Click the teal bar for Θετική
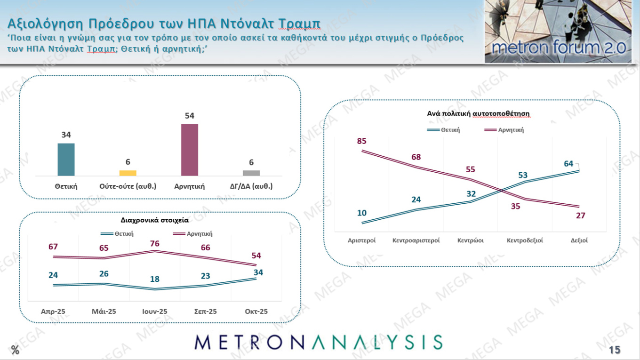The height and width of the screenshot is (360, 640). point(66,160)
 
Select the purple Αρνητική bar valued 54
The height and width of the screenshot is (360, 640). point(190,150)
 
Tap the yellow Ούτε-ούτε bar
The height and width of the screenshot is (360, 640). point(128,173)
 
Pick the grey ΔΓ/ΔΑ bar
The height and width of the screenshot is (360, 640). point(251,173)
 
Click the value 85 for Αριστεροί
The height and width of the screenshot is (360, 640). point(361,141)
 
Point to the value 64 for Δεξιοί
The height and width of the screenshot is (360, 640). point(568,164)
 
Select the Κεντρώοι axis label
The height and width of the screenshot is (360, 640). point(471,240)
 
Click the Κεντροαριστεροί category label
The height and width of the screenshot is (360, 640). point(416,240)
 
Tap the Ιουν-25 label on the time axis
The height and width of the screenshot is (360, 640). point(154,311)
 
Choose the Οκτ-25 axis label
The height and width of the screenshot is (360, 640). point(256,311)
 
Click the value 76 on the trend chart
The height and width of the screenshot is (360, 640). point(154,243)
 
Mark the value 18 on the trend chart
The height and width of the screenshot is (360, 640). point(154,279)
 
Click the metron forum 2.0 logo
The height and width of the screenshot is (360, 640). point(558,32)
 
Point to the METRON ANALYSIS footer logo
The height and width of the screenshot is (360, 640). point(319,343)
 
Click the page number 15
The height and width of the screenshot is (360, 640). point(615,350)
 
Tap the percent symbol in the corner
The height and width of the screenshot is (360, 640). point(16,350)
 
